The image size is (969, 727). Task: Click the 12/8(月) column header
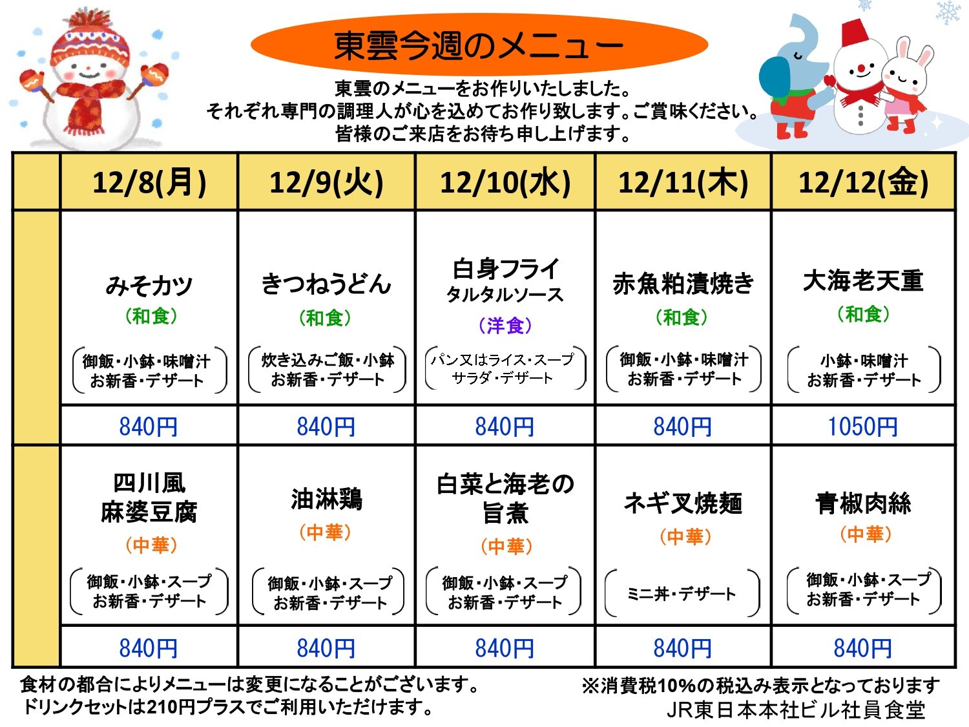149,182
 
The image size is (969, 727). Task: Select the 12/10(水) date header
505,182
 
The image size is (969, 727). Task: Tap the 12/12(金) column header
864,182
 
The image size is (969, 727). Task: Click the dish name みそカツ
149,285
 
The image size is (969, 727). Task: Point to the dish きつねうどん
326,284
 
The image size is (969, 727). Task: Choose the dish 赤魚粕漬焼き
683,284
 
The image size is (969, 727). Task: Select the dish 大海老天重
863,280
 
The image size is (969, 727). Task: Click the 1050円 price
862,427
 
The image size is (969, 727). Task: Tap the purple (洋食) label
505,326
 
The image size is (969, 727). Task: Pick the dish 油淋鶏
327,500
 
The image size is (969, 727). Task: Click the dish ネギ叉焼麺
683,503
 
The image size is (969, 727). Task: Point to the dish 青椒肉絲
864,503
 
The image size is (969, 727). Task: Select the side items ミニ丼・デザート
682,594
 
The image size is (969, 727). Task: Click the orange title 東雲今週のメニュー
479,46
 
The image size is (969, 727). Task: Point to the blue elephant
790,78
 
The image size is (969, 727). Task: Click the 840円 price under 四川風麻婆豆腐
149,648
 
